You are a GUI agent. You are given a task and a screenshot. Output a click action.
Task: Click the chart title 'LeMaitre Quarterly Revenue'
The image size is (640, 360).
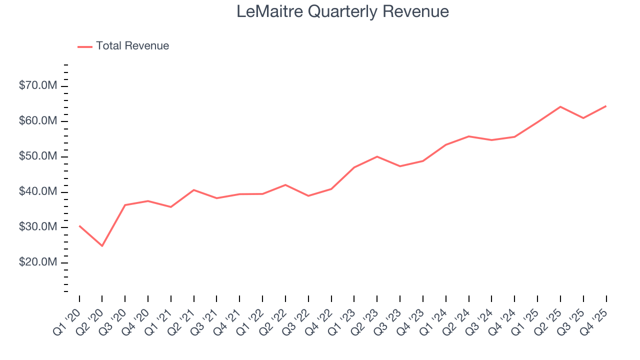342,11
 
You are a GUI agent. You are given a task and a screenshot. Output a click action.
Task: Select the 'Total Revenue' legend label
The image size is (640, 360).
132,46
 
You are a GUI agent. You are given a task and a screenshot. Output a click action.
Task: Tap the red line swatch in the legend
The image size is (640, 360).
85,46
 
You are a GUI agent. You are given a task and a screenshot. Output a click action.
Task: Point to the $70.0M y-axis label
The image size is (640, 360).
38,86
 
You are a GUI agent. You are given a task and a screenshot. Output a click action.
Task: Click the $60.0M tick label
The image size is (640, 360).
38,121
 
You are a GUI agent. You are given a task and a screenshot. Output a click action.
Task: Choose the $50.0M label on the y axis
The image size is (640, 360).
38,157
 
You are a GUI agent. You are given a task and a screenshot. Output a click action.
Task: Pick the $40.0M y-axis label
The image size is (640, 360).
38,192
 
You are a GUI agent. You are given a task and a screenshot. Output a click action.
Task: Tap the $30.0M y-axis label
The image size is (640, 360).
38,227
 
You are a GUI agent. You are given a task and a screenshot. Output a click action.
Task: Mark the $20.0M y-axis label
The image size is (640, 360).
38,263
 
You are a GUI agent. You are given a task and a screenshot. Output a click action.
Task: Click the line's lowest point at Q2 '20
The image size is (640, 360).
102,246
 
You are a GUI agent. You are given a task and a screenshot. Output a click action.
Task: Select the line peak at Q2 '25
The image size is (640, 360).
560,106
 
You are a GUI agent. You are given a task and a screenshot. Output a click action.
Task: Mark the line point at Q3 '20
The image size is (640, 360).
125,205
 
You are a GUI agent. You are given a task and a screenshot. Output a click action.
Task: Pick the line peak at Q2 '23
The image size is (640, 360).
377,156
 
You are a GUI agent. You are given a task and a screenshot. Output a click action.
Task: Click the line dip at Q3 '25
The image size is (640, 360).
583,118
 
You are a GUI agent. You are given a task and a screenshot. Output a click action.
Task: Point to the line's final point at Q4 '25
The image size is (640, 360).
606,106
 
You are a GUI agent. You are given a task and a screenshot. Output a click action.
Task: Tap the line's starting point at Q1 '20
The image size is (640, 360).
79,226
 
